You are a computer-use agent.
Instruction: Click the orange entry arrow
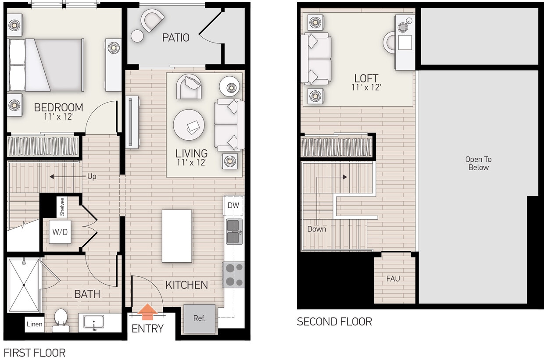click(x=148, y=312)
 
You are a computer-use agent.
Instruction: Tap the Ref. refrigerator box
click(x=200, y=318)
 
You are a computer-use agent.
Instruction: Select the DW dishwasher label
click(x=233, y=205)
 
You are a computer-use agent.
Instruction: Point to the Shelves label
click(x=62, y=207)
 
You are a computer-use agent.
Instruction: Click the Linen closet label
click(x=34, y=324)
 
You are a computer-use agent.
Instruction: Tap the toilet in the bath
click(x=61, y=320)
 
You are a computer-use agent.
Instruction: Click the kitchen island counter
click(x=177, y=236)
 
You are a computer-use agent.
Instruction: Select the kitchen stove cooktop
click(x=234, y=274)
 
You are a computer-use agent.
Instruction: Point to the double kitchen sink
click(x=234, y=232)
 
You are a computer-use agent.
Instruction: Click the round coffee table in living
click(x=189, y=124)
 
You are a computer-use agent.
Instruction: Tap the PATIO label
click(x=175, y=38)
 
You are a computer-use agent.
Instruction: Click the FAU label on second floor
click(x=393, y=278)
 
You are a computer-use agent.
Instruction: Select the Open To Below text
click(x=478, y=163)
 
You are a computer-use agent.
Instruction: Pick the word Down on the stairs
click(x=316, y=229)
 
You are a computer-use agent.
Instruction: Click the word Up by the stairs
click(x=92, y=177)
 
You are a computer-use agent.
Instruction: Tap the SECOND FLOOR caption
click(x=334, y=322)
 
